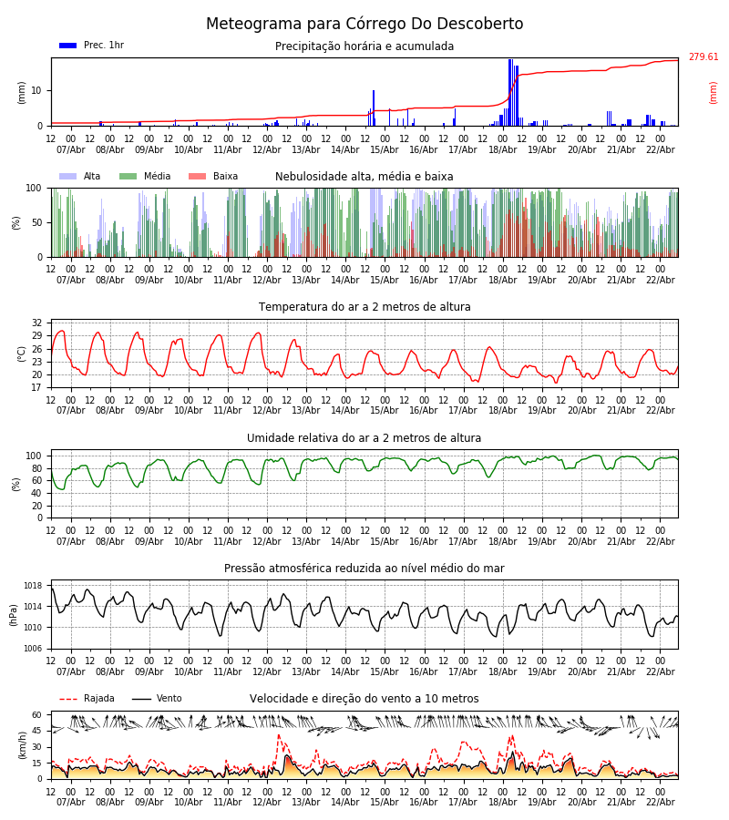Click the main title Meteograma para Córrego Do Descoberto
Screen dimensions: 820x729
coord(364,25)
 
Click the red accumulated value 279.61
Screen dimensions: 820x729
coord(703,57)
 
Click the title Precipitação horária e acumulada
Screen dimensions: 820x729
coord(364,46)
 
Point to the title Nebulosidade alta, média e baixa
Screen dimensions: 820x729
coord(364,177)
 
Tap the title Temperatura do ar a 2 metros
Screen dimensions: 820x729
coord(364,307)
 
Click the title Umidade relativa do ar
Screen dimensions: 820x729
coord(364,438)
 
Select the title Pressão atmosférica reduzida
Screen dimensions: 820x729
coord(364,569)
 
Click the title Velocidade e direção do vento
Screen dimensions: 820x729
coord(364,699)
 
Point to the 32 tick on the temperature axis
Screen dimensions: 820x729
coord(37,323)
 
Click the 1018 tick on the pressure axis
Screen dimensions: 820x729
coord(34,586)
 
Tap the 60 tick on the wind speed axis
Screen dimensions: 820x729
coord(37,715)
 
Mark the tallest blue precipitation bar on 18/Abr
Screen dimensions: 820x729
coord(510,91)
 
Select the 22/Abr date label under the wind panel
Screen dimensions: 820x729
coord(660,802)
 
